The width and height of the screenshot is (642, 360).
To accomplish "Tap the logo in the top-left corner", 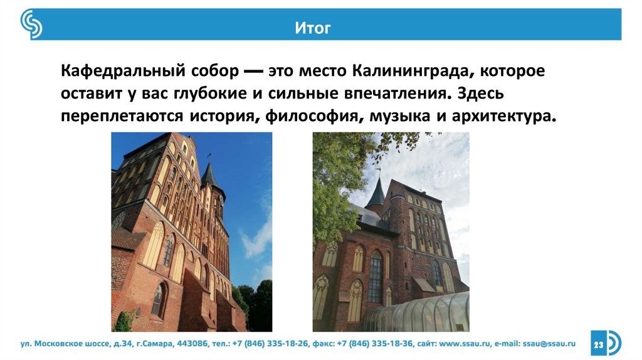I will point(31,24).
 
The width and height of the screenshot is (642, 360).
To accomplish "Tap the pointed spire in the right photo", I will point(376,191).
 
